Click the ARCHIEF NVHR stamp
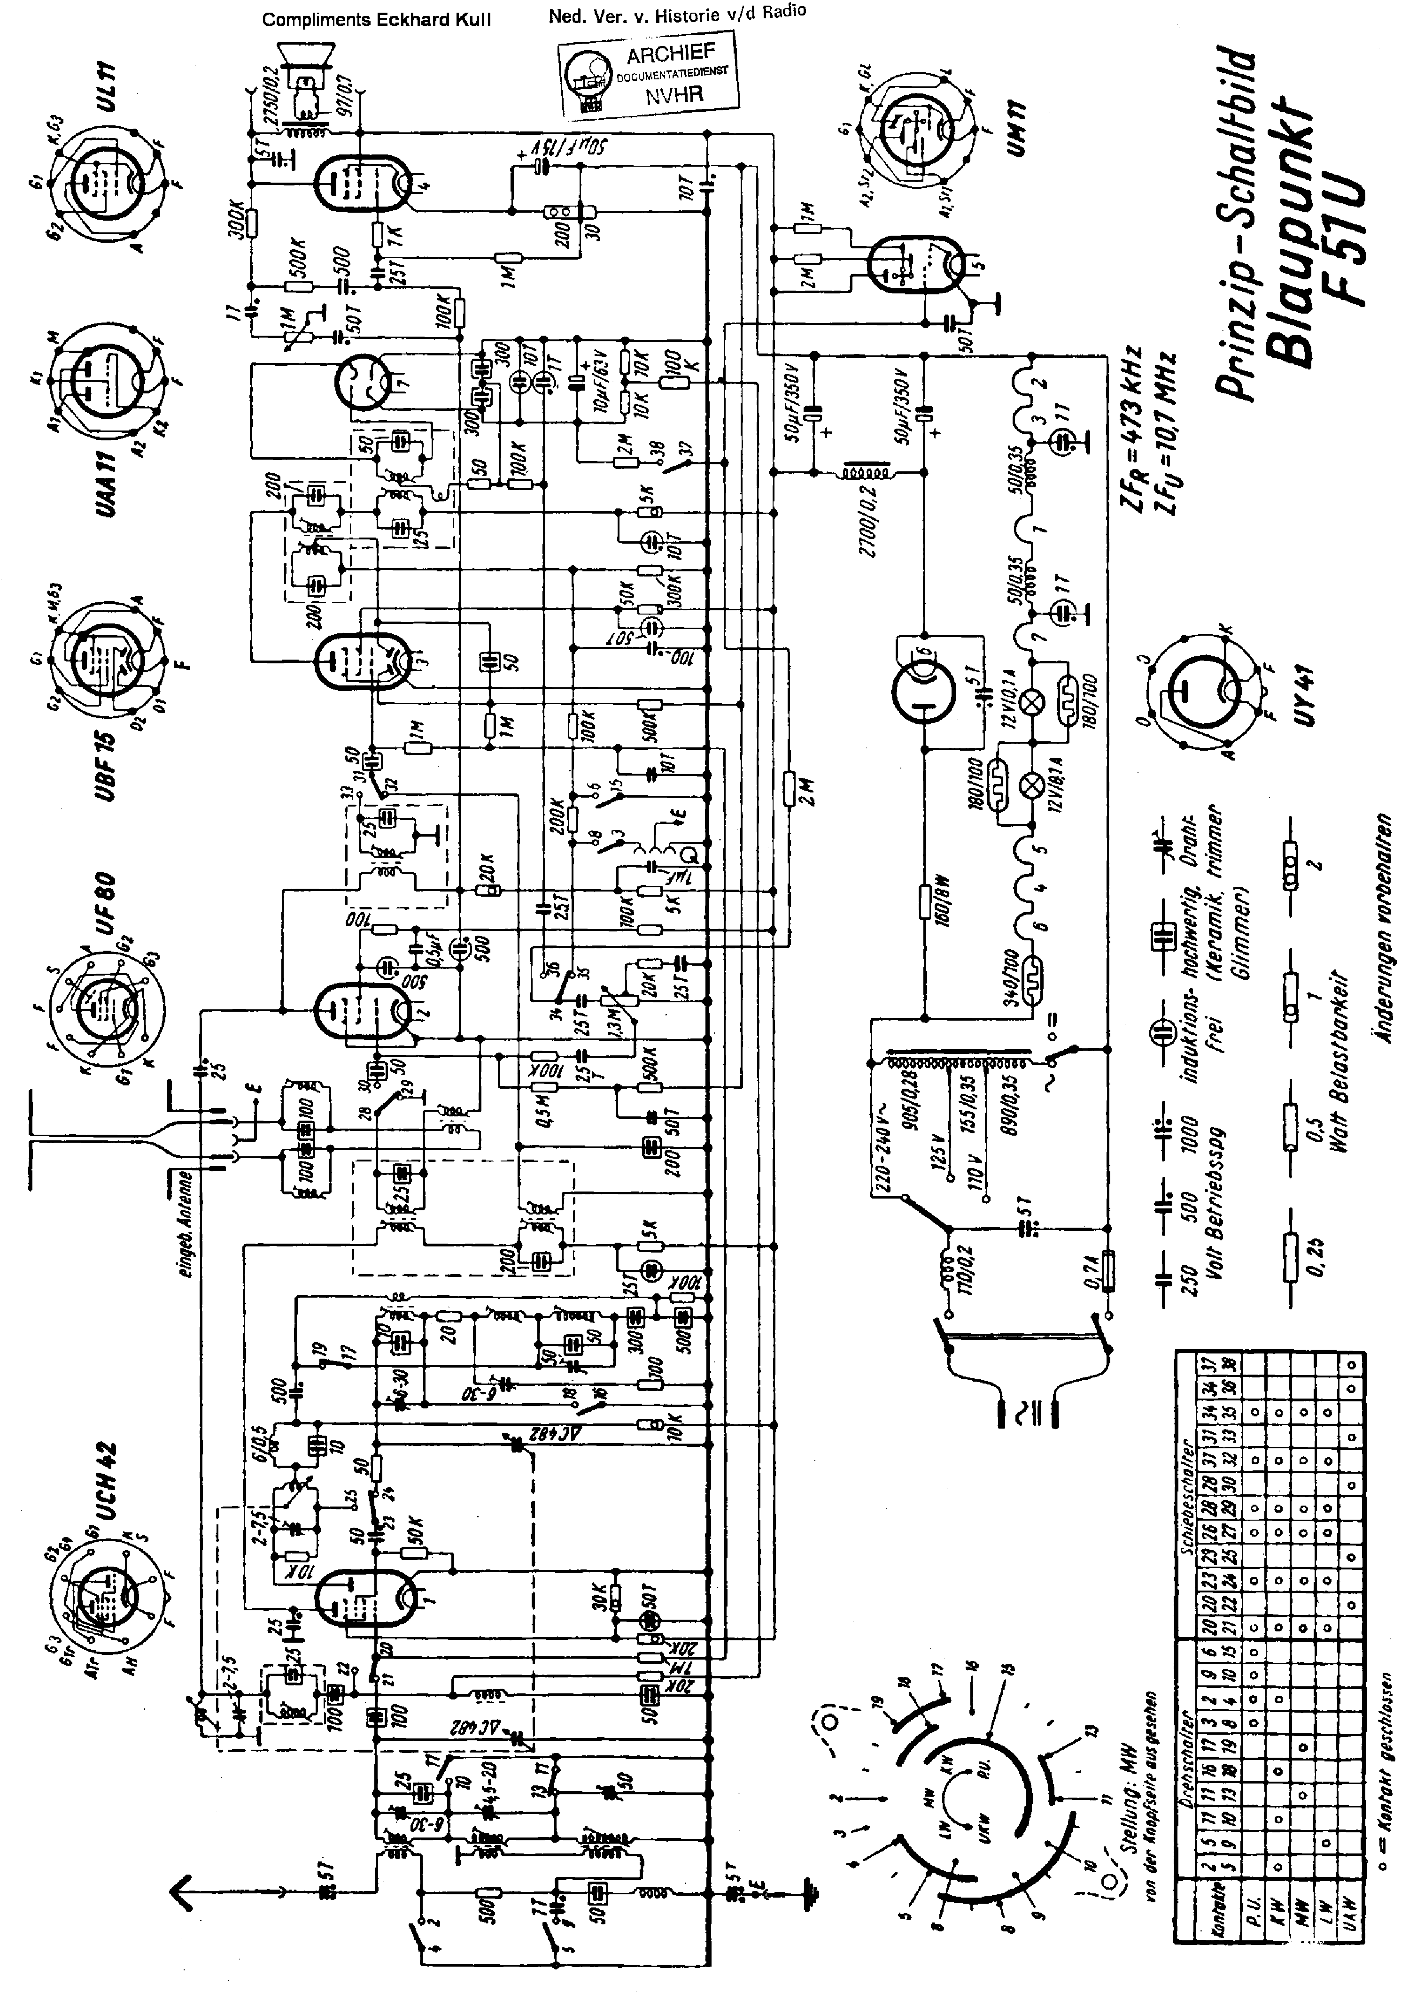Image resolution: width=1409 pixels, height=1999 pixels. coord(649,75)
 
